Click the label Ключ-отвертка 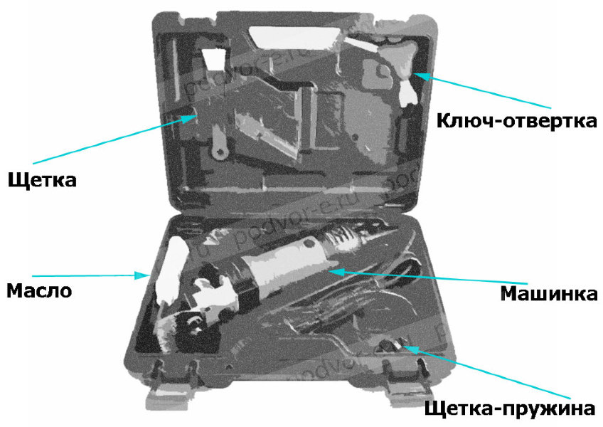point(516,120)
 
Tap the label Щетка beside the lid point(42,179)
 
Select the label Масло point(39,290)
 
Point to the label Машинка point(549,294)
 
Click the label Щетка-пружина point(510,408)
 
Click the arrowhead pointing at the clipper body point(336,272)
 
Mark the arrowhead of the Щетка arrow point(189,118)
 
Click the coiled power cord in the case point(338,304)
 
